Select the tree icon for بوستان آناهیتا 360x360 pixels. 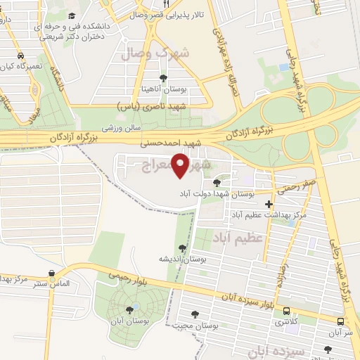164,78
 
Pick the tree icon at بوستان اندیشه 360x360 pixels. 183,247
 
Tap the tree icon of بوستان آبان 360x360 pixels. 129,309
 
